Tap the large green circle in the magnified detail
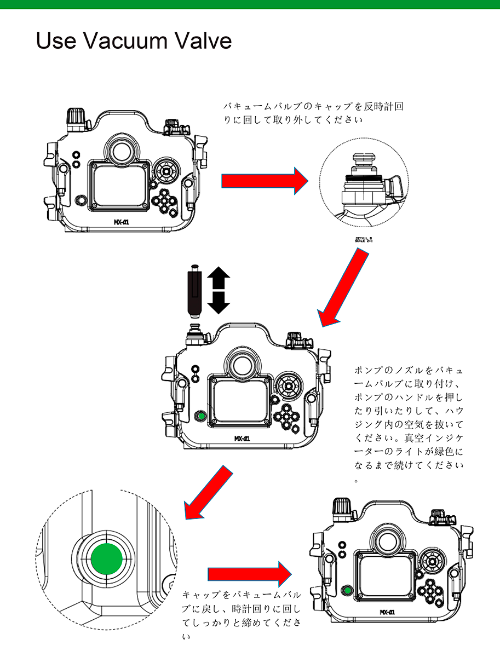107,560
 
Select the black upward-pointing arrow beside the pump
218,278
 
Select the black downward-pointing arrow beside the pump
218,303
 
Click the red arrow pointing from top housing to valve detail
265,181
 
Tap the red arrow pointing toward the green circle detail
205,493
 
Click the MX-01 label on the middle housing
242,439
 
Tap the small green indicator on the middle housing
201,417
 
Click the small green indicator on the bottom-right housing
346,591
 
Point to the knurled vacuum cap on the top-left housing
75,117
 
